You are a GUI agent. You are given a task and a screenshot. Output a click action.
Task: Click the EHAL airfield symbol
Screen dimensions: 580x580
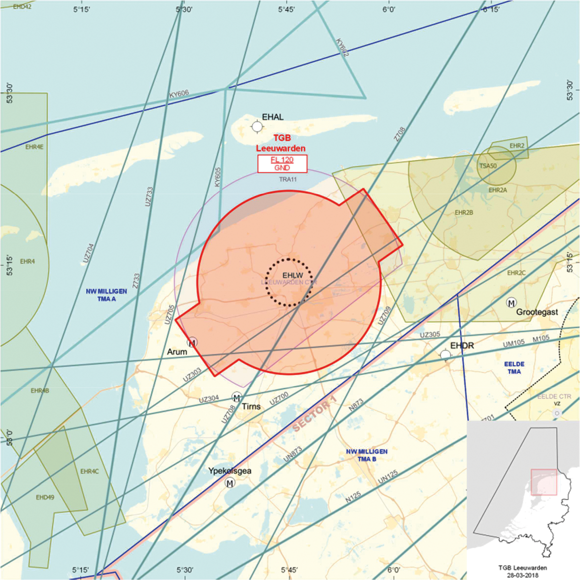click(257, 127)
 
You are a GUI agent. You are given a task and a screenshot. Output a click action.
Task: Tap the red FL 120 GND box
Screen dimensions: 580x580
click(282, 164)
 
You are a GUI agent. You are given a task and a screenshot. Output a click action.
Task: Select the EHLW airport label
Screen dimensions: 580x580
click(293, 276)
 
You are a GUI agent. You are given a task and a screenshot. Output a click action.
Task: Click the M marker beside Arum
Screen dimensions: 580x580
click(192, 342)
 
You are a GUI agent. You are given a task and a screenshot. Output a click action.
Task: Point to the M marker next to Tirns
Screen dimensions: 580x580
click(237, 397)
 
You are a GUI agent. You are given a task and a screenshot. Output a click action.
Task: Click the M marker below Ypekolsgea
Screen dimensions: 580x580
click(229, 483)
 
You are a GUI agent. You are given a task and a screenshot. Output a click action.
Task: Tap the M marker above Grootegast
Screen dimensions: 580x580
click(511, 303)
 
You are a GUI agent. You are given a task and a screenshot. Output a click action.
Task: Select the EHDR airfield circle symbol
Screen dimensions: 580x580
click(445, 354)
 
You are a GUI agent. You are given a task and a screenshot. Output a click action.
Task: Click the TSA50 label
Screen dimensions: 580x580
click(488, 166)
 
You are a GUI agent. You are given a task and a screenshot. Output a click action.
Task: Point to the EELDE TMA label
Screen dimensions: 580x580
click(514, 368)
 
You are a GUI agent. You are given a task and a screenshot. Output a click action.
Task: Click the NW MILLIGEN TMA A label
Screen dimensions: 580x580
click(106, 295)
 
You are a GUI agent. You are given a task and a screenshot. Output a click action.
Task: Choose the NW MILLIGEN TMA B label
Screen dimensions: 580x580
click(367, 455)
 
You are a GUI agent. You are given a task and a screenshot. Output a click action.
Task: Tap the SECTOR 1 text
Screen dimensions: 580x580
click(314, 414)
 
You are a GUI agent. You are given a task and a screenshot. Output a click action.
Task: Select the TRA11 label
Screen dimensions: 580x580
click(288, 179)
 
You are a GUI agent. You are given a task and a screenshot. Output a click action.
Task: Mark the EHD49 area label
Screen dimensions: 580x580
click(45, 497)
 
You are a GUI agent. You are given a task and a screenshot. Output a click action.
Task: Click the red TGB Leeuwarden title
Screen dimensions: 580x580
click(281, 143)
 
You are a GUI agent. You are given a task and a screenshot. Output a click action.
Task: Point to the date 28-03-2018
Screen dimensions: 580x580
click(523, 575)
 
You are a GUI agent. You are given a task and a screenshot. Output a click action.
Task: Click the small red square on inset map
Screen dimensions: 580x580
click(544, 482)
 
